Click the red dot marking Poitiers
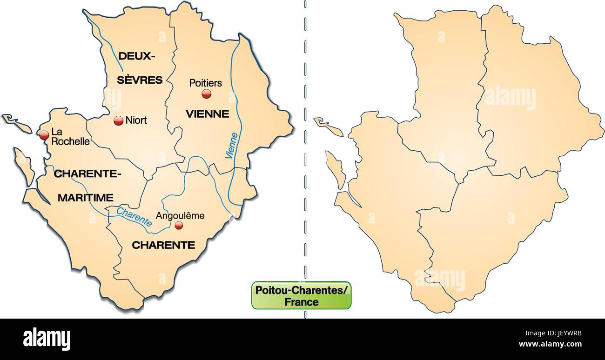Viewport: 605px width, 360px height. tap(206, 94)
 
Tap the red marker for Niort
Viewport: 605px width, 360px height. tap(118, 120)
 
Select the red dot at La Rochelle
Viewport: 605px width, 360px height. tap(44, 135)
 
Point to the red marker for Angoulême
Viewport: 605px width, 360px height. tap(178, 226)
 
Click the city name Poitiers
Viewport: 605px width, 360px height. tap(205, 83)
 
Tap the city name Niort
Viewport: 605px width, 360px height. tap(136, 120)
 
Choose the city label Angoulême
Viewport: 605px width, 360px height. tap(180, 216)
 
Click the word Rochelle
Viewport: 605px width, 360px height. tap(70, 141)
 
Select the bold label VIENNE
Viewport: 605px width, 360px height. tap(207, 114)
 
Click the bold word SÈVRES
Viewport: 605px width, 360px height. tap(139, 80)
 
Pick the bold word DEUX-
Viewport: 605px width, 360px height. tap(136, 56)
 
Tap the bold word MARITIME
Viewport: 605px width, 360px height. tap(86, 198)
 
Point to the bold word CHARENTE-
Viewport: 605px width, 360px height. tap(88, 174)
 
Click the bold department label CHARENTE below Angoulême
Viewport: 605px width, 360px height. tap(163, 245)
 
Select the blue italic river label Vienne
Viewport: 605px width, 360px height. tap(232, 146)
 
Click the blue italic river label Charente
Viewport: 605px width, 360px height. tap(134, 217)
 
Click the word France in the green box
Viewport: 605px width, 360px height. tap(302, 302)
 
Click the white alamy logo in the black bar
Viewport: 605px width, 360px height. tap(47, 339)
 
